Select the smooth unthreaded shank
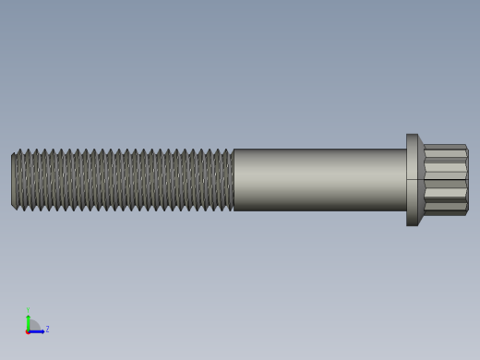pyautogui.click(x=318, y=180)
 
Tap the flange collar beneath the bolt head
pyautogui.click(x=413, y=180)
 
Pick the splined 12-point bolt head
pyautogui.click(x=445, y=180)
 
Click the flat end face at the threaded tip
pyautogui.click(x=13, y=180)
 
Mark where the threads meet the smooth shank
pyautogui.click(x=234, y=180)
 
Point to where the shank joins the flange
pyautogui.click(x=406, y=180)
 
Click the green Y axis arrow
pyautogui.click(x=28, y=319)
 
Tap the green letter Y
pyautogui.click(x=28, y=310)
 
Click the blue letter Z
pyautogui.click(x=47, y=329)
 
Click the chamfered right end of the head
pyautogui.click(x=467, y=180)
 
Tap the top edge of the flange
pyautogui.click(x=412, y=135)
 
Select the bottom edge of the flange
pyautogui.click(x=412, y=224)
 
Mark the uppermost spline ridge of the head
pyautogui.click(x=445, y=147)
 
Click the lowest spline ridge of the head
pyautogui.click(x=445, y=212)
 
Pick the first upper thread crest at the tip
pyautogui.click(x=19, y=150)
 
